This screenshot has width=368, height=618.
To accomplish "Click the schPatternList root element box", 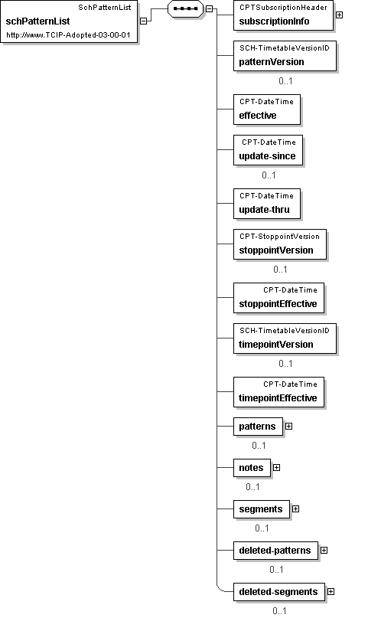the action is pos(69,21).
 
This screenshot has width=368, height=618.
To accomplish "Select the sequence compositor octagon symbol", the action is pos(185,8).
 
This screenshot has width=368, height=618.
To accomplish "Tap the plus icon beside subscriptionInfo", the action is pos(339,15).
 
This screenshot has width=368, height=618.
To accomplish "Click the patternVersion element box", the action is pos(285,56).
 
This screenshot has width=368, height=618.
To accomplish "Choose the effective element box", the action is pos(267,110).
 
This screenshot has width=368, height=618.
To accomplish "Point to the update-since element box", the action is pos(268,150).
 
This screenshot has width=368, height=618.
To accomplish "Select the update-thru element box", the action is pos(267,204).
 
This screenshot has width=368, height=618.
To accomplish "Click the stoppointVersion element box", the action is pos(280,244).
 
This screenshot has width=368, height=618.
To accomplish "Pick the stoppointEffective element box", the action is pos(278,298).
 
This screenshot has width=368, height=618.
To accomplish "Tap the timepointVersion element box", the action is pos(285,338).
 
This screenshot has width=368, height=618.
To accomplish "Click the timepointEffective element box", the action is pos(278,392).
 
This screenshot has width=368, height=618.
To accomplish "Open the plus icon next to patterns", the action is pos(289,427).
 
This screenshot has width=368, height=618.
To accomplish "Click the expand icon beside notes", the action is pos(277,467).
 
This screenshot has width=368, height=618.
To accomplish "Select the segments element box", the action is pos(262,509).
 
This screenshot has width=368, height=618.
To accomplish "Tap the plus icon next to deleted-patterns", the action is pos(324,550).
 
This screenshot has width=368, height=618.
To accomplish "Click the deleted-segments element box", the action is pos(279,592).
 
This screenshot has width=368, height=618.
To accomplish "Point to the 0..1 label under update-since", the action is pos(269,175).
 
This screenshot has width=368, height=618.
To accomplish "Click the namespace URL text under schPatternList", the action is pos(68,35).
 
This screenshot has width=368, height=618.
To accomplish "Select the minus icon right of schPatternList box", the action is pos(144,21).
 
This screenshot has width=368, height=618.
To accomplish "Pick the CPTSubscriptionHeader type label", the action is pos(283,8).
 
